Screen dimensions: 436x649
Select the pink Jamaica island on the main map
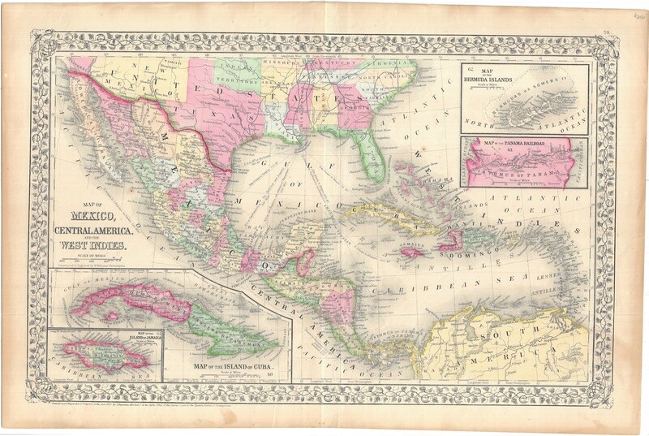(413, 253)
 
